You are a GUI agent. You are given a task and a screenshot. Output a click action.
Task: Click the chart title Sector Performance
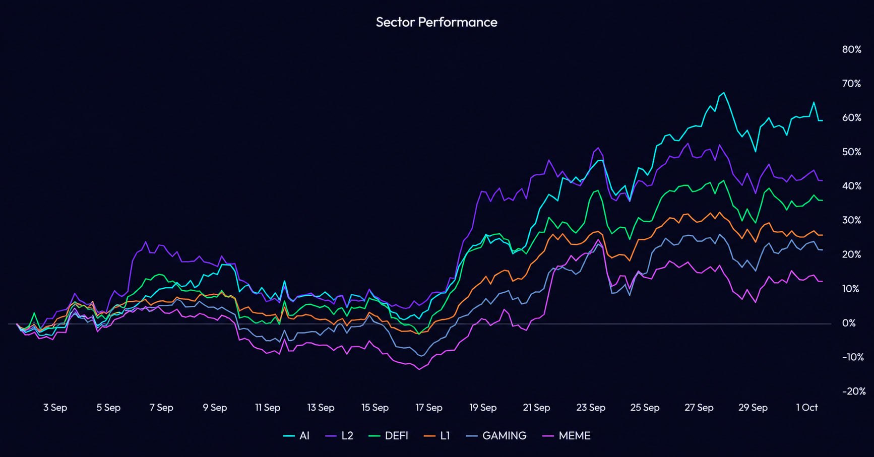[x=436, y=22]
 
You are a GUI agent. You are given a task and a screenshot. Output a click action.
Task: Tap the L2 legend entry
[x=339, y=436]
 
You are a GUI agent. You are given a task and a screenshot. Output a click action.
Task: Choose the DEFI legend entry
[x=389, y=436]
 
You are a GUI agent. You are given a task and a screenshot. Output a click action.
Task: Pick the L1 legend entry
[x=437, y=436]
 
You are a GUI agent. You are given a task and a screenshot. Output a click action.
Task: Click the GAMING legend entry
[x=496, y=436]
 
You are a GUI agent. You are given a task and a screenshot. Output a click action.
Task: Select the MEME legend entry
[x=566, y=436]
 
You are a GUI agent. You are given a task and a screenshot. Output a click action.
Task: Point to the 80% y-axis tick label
[x=851, y=49]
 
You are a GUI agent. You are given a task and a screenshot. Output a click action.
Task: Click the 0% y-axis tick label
[x=848, y=323]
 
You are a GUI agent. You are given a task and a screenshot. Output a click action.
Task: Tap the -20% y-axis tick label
[x=853, y=391]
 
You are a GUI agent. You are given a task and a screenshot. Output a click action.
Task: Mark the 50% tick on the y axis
[x=851, y=152]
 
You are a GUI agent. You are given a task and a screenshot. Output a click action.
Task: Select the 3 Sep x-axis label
[x=55, y=407]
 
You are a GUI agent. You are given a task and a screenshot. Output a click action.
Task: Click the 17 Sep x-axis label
[x=428, y=407]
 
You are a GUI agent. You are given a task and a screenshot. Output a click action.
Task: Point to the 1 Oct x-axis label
[x=806, y=407]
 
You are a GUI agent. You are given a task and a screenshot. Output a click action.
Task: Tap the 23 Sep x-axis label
[x=591, y=407]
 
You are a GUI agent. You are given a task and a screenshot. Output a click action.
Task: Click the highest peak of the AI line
[x=724, y=93]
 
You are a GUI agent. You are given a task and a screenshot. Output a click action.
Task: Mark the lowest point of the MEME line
[x=418, y=369]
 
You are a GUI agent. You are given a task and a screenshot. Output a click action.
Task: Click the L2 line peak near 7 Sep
[x=146, y=242]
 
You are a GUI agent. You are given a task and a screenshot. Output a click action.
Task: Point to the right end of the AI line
[x=822, y=120]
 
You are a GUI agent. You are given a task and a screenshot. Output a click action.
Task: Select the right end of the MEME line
[x=822, y=281]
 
